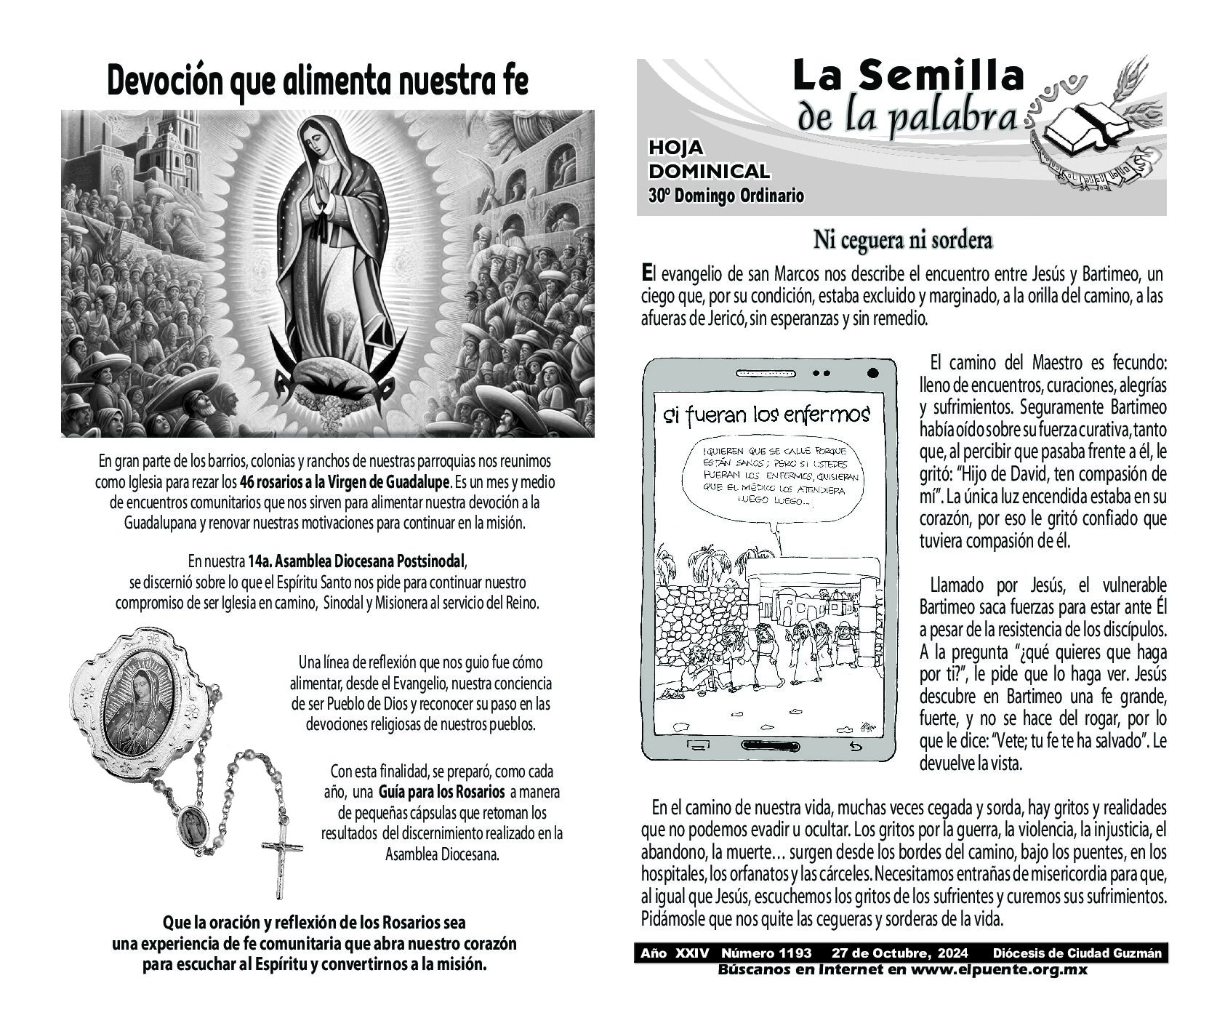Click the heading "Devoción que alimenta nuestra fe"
click(x=317, y=81)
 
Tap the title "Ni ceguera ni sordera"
click(x=902, y=240)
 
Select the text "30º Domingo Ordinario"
click(x=726, y=196)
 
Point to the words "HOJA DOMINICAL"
click(x=709, y=160)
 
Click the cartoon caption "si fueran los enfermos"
click(x=766, y=415)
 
